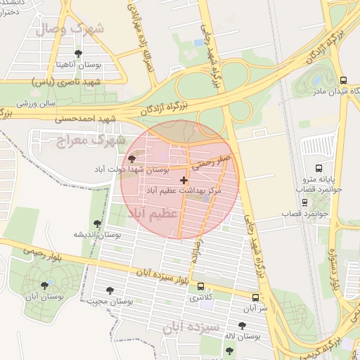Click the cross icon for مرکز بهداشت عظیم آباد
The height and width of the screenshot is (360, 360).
point(184,181)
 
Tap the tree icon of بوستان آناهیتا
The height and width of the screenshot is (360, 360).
point(77,53)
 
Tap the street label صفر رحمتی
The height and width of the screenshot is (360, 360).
point(214,165)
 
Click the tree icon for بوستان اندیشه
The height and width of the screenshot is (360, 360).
point(97,224)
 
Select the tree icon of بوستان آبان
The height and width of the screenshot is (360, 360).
point(46,285)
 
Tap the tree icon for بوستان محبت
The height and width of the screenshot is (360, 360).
point(110,290)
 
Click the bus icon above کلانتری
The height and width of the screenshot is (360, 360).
point(202,287)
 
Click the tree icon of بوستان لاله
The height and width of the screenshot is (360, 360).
point(242,326)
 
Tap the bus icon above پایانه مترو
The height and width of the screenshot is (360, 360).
point(319,169)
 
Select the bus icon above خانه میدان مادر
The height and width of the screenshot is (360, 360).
point(343,80)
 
